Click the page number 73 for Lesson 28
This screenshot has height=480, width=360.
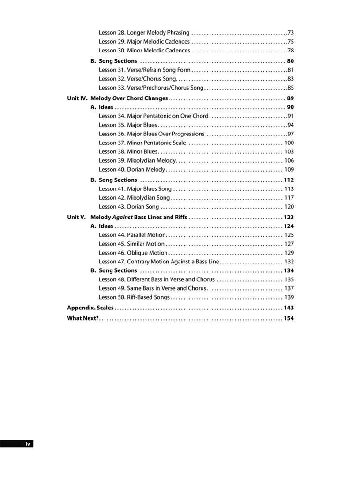tap(291, 33)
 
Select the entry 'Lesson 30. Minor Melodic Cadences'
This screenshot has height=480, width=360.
tap(144, 51)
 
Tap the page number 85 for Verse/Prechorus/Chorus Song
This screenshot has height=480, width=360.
tap(291, 88)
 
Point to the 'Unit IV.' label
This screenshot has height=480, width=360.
tap(77, 98)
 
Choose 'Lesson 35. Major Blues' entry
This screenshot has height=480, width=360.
tap(128, 125)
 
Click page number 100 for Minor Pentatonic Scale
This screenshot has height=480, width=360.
tap(289, 143)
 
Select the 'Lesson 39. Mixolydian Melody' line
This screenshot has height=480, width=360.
tap(137, 161)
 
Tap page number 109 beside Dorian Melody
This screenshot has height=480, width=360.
tap(289, 170)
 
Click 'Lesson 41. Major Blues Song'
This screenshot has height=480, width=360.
tap(135, 189)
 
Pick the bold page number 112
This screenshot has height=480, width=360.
tap(289, 180)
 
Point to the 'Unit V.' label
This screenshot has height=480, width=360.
tap(76, 217)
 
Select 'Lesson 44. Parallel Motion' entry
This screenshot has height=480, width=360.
tap(133, 235)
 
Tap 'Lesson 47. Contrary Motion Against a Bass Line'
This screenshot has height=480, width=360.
tap(159, 262)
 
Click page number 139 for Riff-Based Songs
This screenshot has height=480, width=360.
tap(289, 297)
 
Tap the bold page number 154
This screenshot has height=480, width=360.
tap(289, 319)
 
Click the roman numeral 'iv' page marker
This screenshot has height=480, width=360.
tap(28, 443)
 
